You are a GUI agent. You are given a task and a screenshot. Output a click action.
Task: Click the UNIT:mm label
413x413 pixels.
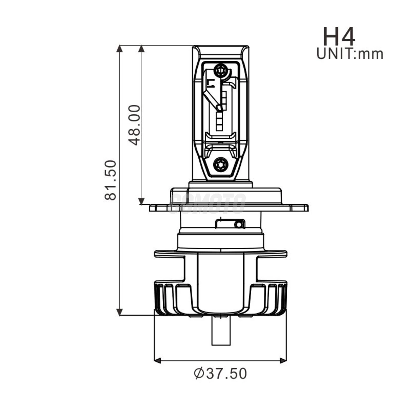tap(350, 54)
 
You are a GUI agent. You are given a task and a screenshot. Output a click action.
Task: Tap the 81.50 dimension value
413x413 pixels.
tap(111, 180)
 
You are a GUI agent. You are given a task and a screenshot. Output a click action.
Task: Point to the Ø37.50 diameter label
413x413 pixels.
tap(220, 374)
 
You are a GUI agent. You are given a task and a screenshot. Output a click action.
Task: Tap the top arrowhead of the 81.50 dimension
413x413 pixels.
tap(119, 49)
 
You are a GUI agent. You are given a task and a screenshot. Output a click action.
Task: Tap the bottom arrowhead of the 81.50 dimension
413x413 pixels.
tap(119, 312)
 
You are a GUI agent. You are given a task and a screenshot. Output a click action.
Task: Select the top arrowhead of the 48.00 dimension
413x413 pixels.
tap(142, 49)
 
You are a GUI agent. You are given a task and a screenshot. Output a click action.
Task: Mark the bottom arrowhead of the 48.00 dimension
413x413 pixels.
tap(142, 201)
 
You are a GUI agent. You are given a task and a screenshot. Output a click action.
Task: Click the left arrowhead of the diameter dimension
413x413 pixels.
tap(158, 360)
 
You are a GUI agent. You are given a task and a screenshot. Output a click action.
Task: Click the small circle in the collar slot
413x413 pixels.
tap(238, 225)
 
